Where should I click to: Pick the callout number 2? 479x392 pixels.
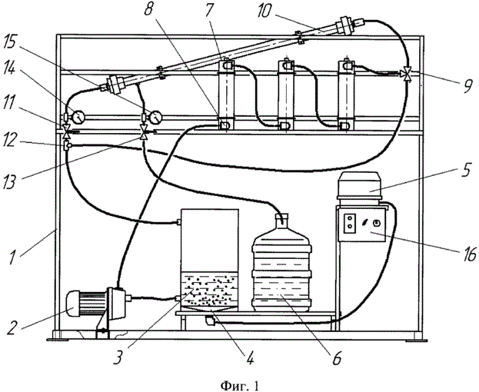pos(12,328)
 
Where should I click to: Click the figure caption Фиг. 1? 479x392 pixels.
pos(240,386)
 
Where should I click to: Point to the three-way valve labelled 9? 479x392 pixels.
pos(407,74)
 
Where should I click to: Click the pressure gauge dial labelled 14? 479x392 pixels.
pos(79,117)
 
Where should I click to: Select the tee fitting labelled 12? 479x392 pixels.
pos(67,146)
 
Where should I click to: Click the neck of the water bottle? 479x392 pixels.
pos(281,219)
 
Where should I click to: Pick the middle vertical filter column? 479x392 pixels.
pos(286,95)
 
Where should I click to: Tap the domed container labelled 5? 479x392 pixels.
pos(359,185)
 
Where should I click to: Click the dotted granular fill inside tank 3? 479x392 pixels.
pos(209,290)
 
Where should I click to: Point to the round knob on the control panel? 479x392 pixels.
pos(377,223)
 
